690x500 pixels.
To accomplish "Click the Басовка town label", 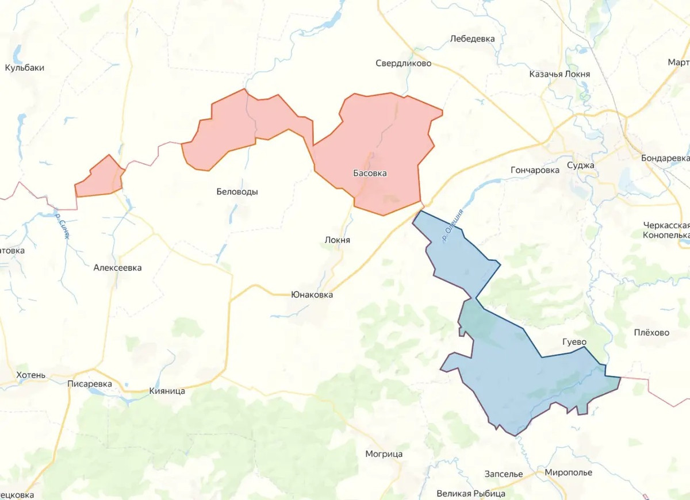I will pyautogui.click(x=370, y=173).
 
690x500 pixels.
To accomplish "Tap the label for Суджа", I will pyautogui.click(x=580, y=166).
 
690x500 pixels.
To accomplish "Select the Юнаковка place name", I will pyautogui.click(x=312, y=295).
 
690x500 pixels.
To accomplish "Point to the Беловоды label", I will pyautogui.click(x=237, y=192).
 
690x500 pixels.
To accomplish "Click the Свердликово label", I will pyautogui.click(x=403, y=63).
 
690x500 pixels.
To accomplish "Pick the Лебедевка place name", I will pyautogui.click(x=471, y=39).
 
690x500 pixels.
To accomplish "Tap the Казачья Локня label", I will pyautogui.click(x=559, y=75).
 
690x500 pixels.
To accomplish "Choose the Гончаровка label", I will pyautogui.click(x=535, y=170).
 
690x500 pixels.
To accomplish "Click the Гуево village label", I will pyautogui.click(x=574, y=343).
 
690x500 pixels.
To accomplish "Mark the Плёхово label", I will pyautogui.click(x=651, y=333).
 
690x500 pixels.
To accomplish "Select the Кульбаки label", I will pyautogui.click(x=25, y=68).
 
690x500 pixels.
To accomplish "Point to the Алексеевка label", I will pyautogui.click(x=117, y=268).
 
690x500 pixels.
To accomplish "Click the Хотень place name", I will pyautogui.click(x=30, y=375).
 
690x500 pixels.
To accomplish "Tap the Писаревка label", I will pyautogui.click(x=89, y=384).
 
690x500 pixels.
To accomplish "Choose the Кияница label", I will pyautogui.click(x=167, y=391).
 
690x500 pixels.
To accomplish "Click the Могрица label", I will pyautogui.click(x=384, y=454).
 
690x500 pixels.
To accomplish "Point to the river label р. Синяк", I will pyautogui.click(x=63, y=225).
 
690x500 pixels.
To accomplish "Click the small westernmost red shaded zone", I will pyautogui.click(x=99, y=178).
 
